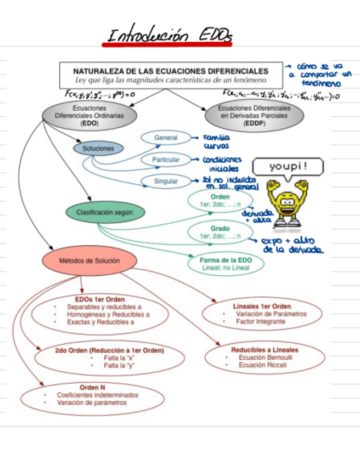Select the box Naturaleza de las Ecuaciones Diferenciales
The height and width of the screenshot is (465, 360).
171,75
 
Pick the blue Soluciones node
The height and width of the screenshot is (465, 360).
98,148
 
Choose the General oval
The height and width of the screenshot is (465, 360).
166,138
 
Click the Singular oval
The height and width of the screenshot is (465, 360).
166,181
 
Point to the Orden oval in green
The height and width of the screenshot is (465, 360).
220,200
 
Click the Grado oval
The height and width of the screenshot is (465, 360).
220,232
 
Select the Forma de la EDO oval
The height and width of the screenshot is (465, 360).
226,264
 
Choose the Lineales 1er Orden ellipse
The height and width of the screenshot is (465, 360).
262,314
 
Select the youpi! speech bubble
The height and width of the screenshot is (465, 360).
288,166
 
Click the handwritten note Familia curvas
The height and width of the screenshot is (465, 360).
216,142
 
